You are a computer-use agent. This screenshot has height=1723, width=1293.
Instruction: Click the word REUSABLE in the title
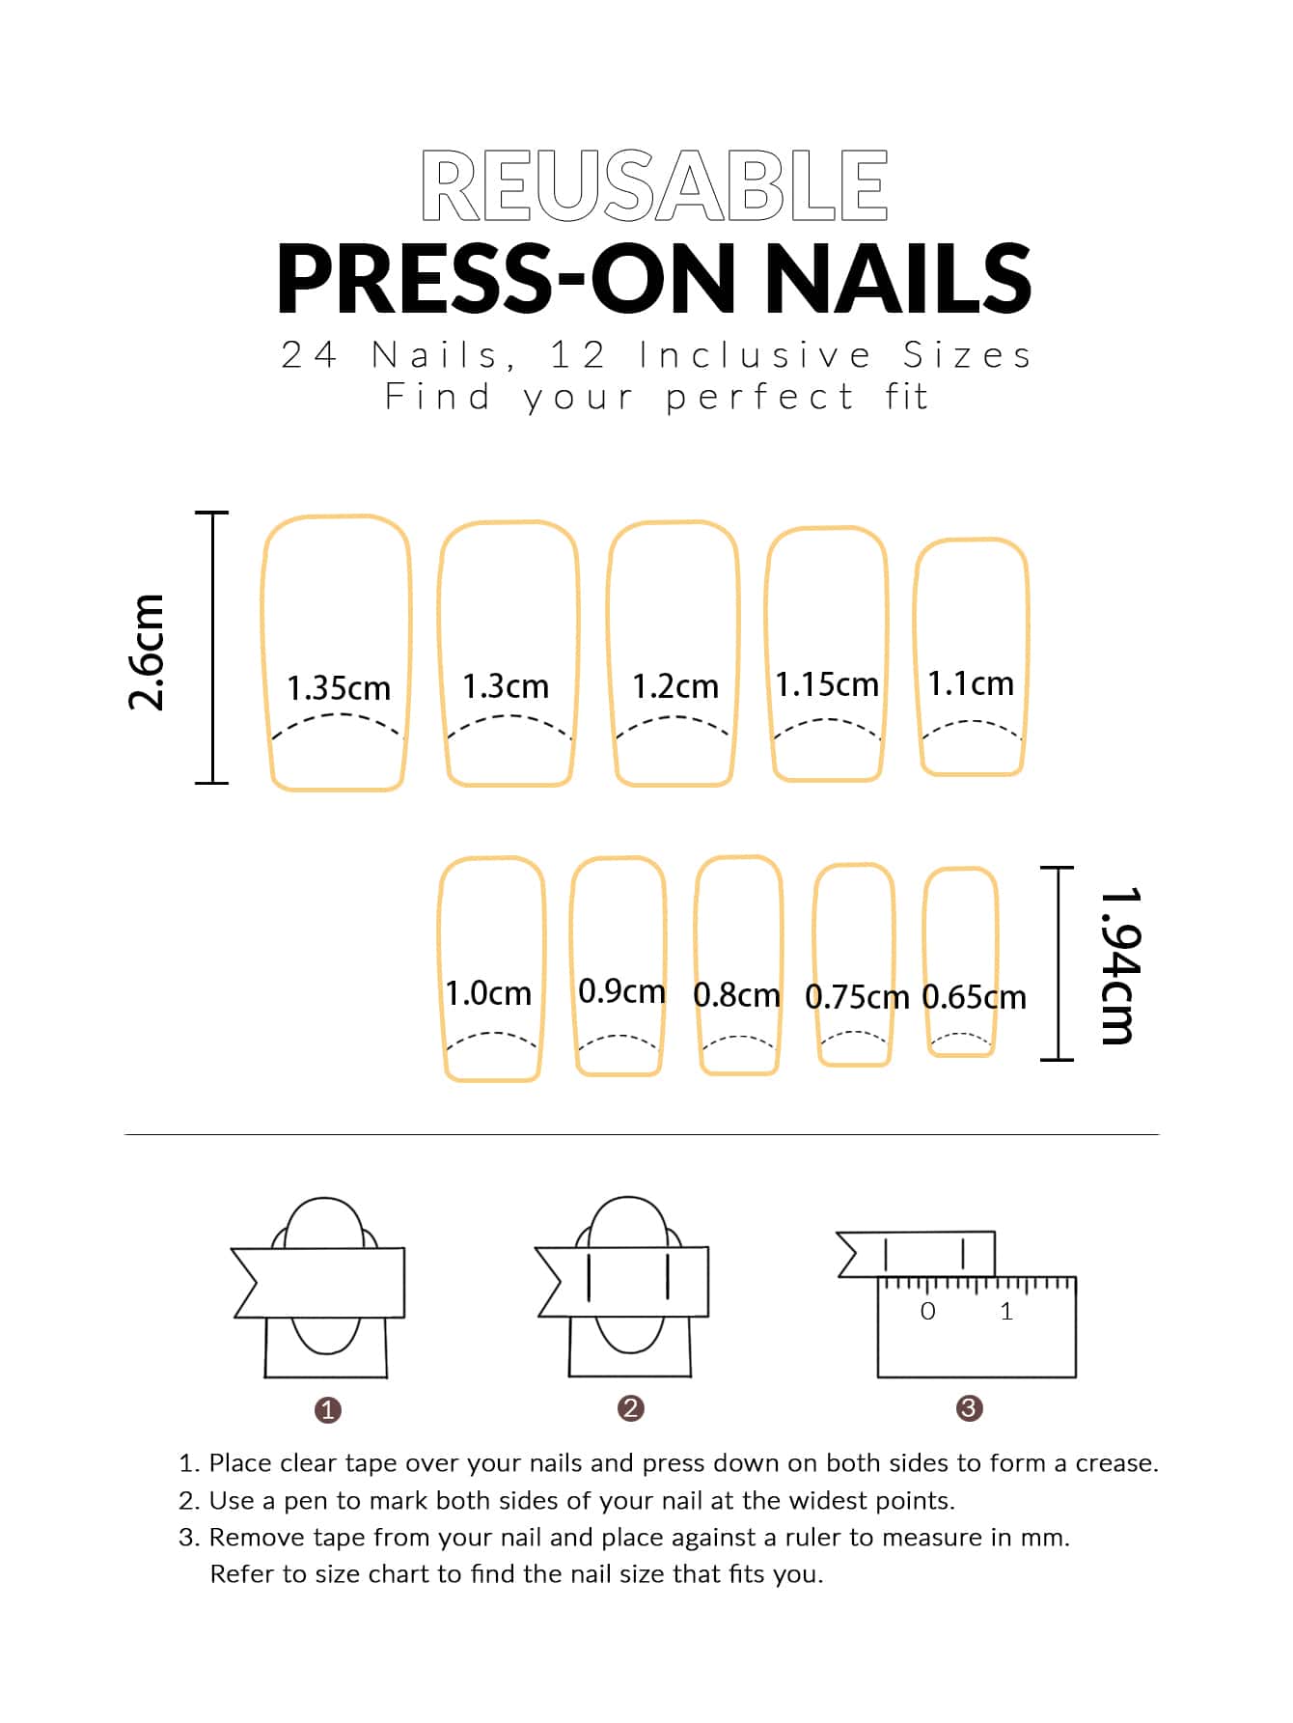654,185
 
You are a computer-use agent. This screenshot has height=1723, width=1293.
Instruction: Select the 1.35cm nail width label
339,688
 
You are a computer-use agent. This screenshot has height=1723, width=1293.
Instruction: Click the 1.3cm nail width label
506,686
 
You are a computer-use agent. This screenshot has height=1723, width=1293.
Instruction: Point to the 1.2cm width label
675,686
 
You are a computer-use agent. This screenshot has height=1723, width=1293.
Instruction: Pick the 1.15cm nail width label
827,684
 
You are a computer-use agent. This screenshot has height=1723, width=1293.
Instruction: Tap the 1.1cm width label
971,683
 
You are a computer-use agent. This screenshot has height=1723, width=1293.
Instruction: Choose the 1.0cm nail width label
488,993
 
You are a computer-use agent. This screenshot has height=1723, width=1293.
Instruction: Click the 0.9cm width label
621,991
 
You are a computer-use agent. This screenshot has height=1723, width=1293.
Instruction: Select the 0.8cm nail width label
736,995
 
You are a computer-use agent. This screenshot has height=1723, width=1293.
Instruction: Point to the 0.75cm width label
857,997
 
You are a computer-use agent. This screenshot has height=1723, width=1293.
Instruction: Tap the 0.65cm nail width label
974,997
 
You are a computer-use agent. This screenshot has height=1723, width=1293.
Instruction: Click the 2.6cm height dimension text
147,653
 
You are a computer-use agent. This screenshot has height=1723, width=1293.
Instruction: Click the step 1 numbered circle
328,1410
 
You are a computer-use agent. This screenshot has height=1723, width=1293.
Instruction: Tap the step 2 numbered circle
631,1408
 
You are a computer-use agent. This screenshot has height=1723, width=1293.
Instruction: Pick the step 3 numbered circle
969,1408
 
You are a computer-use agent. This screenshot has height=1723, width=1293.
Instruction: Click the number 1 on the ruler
1006,1311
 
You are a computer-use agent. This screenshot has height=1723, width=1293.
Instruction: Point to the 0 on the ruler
928,1311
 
